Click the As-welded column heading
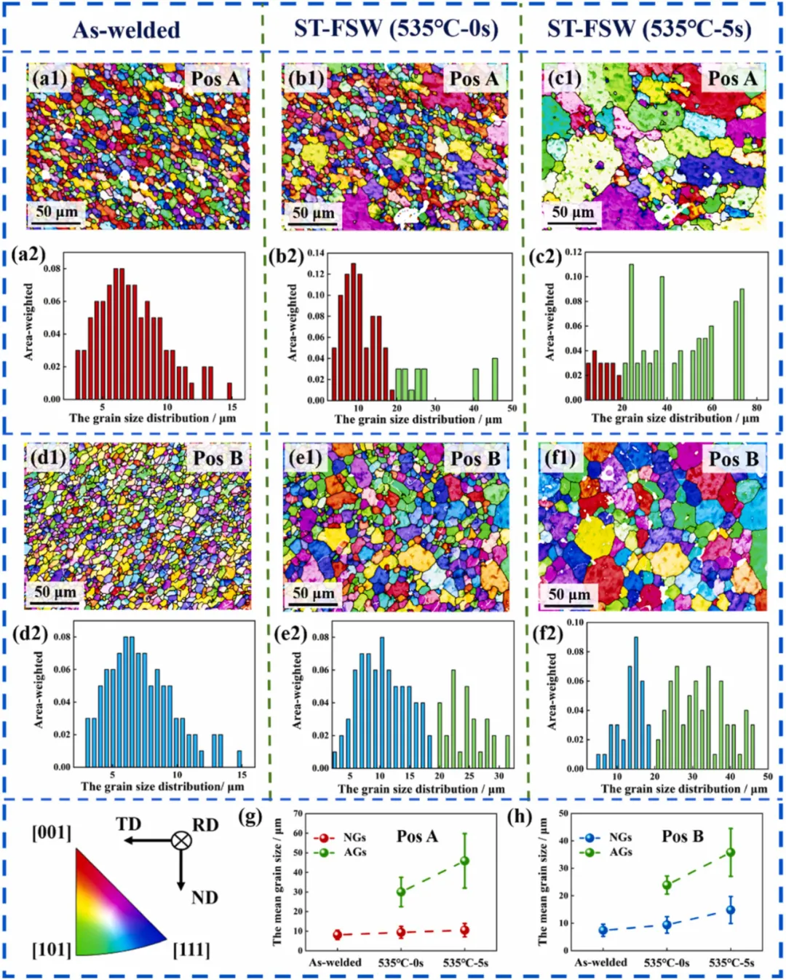[127, 30]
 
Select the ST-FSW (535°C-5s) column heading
[649, 28]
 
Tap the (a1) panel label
[49, 78]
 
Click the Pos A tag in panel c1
[732, 79]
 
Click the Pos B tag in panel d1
[218, 458]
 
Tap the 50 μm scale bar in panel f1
[568, 596]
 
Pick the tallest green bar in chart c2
[631, 331]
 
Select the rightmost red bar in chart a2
[230, 391]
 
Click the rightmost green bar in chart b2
[495, 379]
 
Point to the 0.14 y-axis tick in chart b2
[316, 253]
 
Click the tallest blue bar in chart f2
[636, 702]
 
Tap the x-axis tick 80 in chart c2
[757, 408]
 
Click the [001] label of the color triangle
[52, 832]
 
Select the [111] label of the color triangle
[191, 950]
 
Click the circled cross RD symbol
[181, 841]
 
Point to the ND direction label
[205, 898]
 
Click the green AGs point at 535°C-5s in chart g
[465, 861]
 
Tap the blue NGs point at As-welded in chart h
[603, 930]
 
